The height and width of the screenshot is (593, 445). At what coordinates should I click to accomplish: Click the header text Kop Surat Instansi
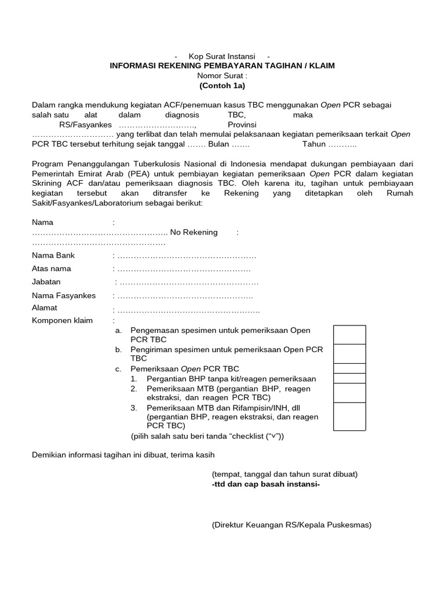[x=222, y=56]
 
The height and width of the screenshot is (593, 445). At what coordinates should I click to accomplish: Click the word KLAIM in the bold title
[x=320, y=66]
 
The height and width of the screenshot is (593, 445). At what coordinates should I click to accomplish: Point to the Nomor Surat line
[x=222, y=76]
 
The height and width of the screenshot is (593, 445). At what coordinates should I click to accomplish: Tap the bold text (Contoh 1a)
[x=222, y=86]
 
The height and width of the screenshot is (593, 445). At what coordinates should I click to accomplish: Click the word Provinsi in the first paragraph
[x=242, y=125]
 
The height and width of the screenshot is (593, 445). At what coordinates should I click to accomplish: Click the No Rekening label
[x=194, y=232]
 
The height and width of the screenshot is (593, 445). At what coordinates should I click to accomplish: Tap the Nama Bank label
[x=53, y=255]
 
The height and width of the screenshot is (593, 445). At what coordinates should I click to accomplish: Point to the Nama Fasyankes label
[x=64, y=296]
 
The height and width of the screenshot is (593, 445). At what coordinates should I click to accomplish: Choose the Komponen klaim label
[x=62, y=320]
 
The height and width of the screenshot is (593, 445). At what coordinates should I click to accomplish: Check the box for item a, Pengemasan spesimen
[x=349, y=334]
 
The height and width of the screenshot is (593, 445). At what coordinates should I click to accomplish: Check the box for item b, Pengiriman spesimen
[x=349, y=353]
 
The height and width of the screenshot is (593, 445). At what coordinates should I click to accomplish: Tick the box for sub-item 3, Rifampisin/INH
[x=349, y=417]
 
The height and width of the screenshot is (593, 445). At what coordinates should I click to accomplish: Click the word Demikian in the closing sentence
[x=49, y=455]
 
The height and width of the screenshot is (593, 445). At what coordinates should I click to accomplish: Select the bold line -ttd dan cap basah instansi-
[x=266, y=484]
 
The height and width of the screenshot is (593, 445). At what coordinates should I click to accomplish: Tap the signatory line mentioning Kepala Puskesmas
[x=291, y=525]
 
